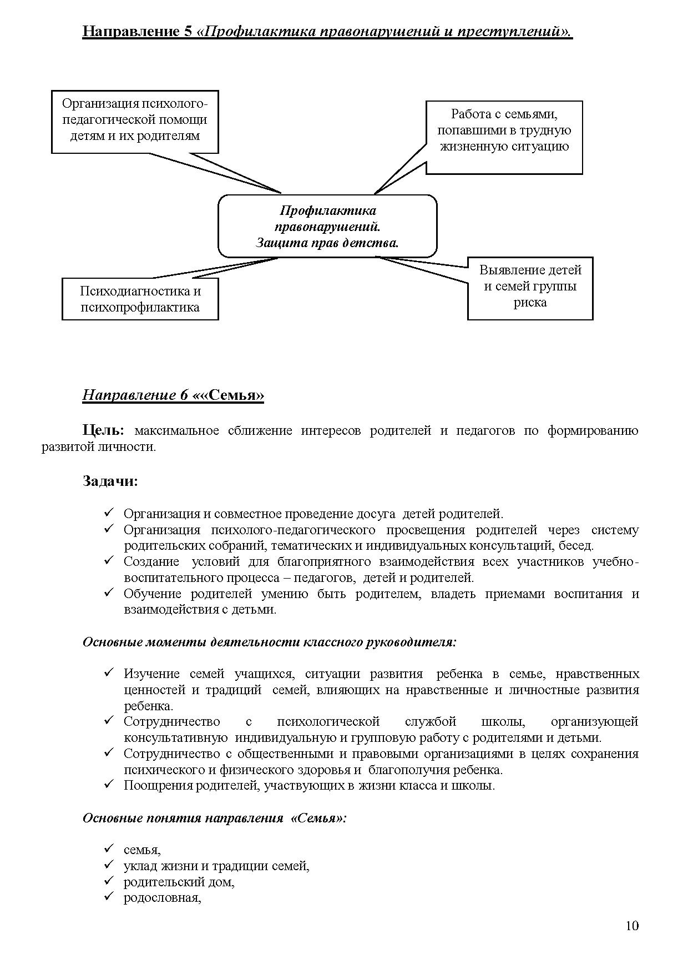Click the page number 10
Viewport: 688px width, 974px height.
632,926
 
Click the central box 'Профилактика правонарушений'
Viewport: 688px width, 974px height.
327,227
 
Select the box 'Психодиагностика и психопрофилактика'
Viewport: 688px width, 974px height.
140,299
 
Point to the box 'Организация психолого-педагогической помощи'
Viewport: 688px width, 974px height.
135,120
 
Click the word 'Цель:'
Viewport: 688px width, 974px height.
104,430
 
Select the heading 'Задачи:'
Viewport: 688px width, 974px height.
110,481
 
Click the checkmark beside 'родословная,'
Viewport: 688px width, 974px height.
109,897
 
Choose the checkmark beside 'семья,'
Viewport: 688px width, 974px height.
109,849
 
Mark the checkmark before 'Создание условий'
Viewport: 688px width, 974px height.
109,561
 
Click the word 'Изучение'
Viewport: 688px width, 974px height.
151,674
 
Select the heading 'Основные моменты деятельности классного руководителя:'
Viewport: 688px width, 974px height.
270,642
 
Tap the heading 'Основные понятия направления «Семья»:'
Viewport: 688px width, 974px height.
214,819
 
